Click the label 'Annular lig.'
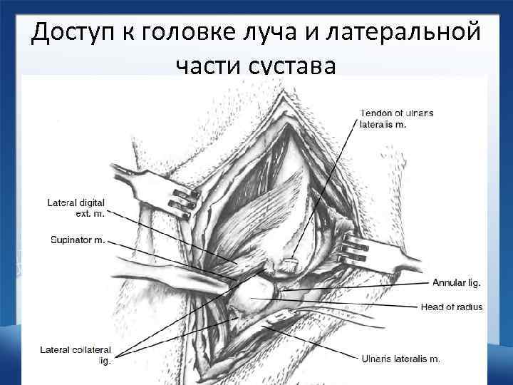pyautogui.click(x=457, y=282)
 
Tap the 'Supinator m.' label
pyautogui.click(x=78, y=240)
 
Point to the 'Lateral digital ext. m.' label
pyautogui.click(x=76, y=208)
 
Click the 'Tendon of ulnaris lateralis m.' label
pyautogui.click(x=397, y=118)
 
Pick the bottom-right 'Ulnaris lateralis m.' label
pyautogui.click(x=400, y=359)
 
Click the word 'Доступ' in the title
pyautogui.click(x=78, y=33)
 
